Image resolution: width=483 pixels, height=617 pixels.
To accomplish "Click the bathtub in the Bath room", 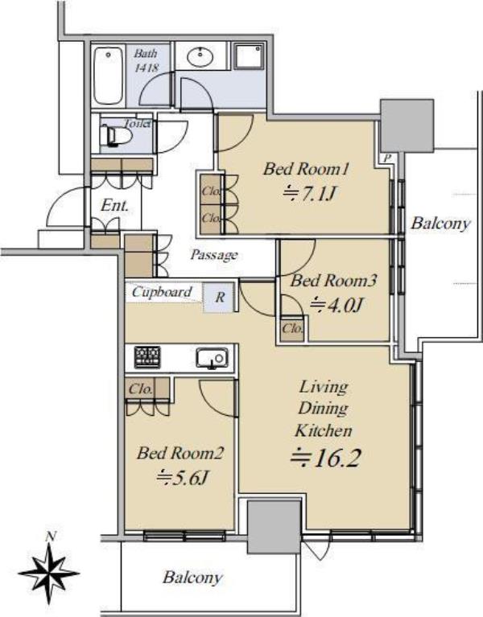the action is coord(108,76).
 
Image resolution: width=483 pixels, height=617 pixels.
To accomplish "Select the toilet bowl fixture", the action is coord(114,136).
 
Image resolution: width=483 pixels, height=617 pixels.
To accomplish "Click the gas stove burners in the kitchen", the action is coord(147,357).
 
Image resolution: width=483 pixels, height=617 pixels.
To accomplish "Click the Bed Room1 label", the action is coord(306,169).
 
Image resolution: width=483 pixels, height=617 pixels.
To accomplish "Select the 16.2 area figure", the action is coord(325,457).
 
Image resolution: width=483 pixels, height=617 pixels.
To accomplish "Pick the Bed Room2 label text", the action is coord(180,453).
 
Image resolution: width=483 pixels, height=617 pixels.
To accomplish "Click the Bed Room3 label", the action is coord(333,281).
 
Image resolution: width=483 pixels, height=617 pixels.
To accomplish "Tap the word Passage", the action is coord(214,255).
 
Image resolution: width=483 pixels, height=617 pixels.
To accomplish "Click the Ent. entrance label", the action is coord(114,205).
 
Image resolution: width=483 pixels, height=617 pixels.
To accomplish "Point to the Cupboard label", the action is coord(162,291).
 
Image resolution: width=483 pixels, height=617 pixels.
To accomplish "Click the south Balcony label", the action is coord(192,578).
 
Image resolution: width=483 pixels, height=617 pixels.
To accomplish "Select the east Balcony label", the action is coord(440,223).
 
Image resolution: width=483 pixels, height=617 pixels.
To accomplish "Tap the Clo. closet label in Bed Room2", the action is coord(141,389).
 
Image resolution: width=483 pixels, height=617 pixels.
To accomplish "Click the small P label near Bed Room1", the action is coord(387,158).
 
